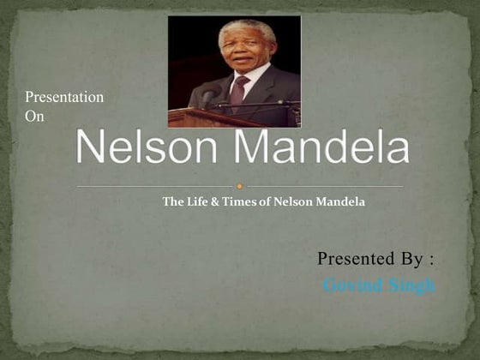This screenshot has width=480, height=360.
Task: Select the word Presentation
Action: click(x=64, y=98)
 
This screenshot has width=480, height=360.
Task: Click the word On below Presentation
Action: click(x=34, y=117)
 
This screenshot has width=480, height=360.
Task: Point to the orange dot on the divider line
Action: click(x=240, y=186)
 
